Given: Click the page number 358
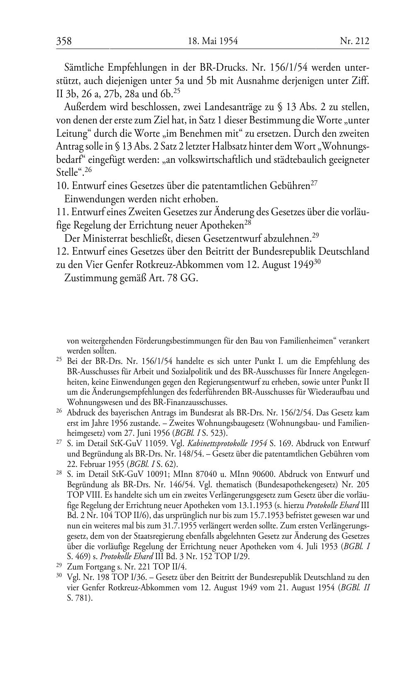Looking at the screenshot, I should pyautogui.click(x=64, y=41).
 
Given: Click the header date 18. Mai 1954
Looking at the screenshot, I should pyautogui.click(x=213, y=41).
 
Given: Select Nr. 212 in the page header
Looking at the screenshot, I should pyautogui.click(x=354, y=41).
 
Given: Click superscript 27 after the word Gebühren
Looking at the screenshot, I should pyautogui.click(x=314, y=183).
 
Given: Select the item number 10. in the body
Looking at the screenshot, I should pyautogui.click(x=63, y=186).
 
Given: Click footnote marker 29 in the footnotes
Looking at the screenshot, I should pyautogui.click(x=59, y=565).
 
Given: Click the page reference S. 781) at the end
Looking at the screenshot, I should pyautogui.click(x=79, y=599).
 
